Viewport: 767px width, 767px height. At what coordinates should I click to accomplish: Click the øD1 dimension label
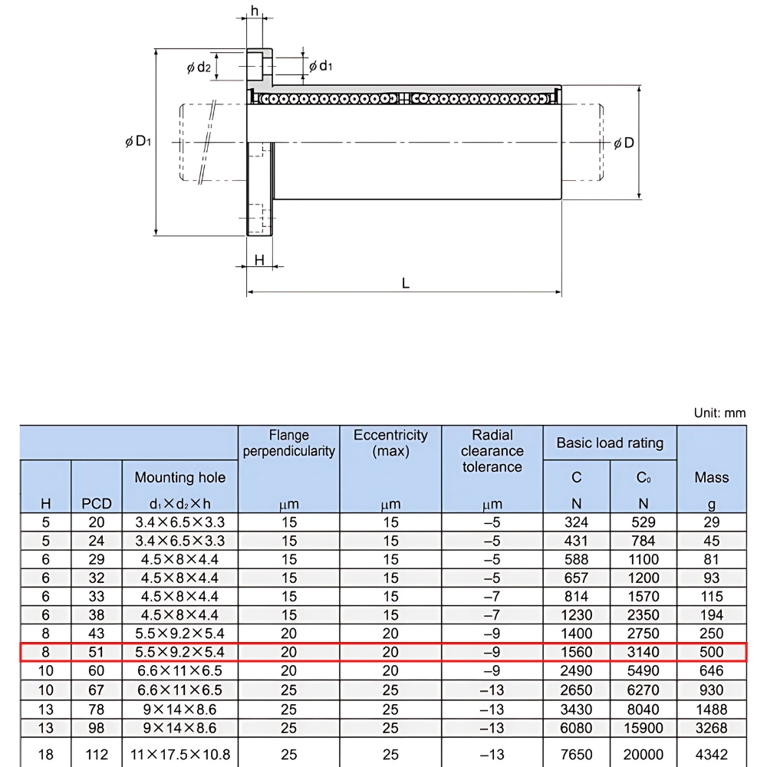click(x=138, y=142)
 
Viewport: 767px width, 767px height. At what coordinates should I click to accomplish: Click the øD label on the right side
click(x=624, y=143)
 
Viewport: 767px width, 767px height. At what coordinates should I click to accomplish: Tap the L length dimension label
click(x=405, y=283)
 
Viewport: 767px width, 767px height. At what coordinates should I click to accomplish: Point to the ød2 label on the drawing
click(x=199, y=67)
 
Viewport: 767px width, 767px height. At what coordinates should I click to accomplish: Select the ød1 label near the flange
click(x=321, y=66)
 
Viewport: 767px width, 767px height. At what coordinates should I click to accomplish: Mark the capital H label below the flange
click(x=259, y=260)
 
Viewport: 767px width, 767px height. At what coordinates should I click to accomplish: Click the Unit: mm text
click(x=719, y=413)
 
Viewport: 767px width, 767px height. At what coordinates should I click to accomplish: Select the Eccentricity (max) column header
click(x=390, y=443)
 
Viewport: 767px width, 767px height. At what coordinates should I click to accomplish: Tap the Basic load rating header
click(x=610, y=443)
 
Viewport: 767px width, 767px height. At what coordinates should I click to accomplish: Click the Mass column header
click(x=711, y=477)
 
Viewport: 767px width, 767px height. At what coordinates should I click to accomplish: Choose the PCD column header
click(x=97, y=504)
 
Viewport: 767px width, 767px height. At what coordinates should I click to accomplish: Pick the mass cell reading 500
click(x=711, y=652)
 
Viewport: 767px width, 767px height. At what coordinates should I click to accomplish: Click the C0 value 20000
click(x=644, y=755)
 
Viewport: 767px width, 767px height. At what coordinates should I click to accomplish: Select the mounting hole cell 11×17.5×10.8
click(x=180, y=755)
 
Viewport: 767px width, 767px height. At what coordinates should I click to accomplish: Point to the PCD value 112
click(x=97, y=755)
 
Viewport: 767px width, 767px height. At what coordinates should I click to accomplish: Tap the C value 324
click(x=577, y=522)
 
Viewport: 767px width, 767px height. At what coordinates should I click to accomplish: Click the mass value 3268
click(x=711, y=727)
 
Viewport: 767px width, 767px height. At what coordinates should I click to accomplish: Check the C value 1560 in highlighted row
click(x=577, y=652)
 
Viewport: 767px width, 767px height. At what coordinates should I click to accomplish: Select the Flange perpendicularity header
click(x=288, y=443)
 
